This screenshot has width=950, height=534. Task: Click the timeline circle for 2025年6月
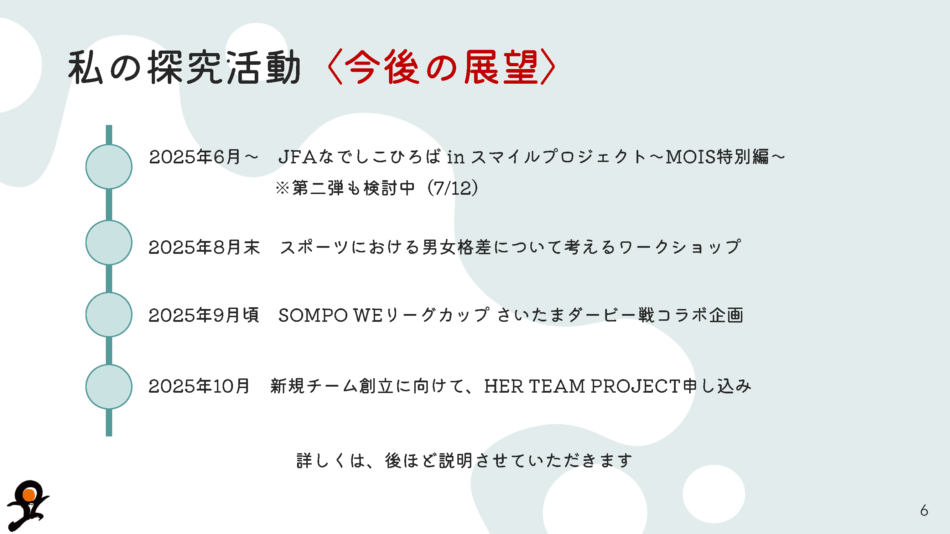tap(109, 167)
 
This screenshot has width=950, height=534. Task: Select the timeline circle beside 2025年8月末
tap(109, 242)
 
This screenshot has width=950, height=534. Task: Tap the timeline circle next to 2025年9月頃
tap(109, 314)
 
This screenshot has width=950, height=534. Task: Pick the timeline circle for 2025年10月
tap(109, 387)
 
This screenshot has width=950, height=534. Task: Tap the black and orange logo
tap(28, 505)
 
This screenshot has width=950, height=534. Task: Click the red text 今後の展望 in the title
tap(441, 67)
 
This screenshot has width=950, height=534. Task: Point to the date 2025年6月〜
tap(204, 157)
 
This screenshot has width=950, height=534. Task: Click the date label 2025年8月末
tap(204, 247)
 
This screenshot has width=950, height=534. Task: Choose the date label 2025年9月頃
tap(204, 315)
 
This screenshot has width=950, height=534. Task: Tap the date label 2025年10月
tap(199, 386)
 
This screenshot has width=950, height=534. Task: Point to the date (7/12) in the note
tap(452, 188)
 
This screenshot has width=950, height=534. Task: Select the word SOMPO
tap(313, 315)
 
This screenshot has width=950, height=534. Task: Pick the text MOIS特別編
tap(717, 157)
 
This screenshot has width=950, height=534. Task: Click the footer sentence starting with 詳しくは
tap(464, 461)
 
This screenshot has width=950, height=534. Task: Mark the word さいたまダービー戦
tap(576, 315)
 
